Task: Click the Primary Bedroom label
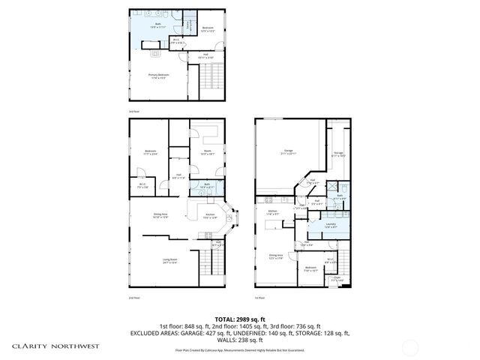click(x=158, y=75)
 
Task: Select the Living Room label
click(x=170, y=261)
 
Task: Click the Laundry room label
click(x=330, y=224)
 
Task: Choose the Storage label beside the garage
click(x=338, y=154)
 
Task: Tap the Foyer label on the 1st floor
click(x=337, y=278)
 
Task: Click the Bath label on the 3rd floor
click(x=159, y=24)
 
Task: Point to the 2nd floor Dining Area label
click(x=160, y=215)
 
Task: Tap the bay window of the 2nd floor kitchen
click(x=234, y=218)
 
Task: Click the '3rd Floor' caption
click(x=135, y=111)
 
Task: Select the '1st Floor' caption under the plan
click(x=260, y=296)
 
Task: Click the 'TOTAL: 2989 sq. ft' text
click(x=240, y=318)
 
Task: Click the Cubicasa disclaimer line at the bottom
click(x=240, y=349)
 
